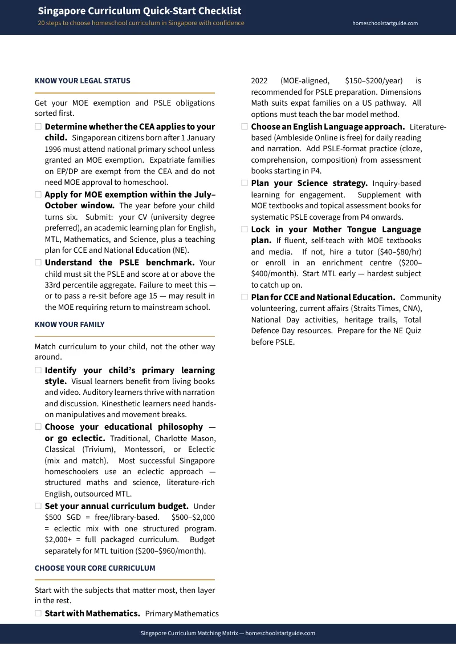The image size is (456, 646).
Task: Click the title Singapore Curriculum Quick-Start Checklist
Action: [x=140, y=11]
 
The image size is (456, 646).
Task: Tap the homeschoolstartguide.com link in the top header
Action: [x=385, y=23]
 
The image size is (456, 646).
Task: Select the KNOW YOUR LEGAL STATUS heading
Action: [x=83, y=81]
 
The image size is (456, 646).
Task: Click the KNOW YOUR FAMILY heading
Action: [x=70, y=325]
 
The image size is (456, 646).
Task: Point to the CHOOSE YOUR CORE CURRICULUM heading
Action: [x=95, y=568]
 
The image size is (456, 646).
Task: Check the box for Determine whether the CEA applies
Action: [x=38, y=127]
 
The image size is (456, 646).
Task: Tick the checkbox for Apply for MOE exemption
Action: [x=38, y=195]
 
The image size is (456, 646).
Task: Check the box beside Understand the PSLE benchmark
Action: [x=38, y=263]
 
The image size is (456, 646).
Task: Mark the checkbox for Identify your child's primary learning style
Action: [x=38, y=370]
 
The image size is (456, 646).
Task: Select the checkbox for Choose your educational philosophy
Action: [x=38, y=427]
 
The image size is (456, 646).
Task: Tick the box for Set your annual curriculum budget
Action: [x=38, y=506]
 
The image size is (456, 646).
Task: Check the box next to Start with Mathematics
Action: [x=38, y=613]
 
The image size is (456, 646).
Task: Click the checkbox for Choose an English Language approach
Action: [x=245, y=127]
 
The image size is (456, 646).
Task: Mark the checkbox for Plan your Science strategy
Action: [x=245, y=183]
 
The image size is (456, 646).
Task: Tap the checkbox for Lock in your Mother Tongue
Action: [x=245, y=229]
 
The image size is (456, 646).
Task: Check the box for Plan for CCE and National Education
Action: [x=245, y=297]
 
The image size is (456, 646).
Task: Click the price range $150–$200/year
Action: [x=374, y=81]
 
